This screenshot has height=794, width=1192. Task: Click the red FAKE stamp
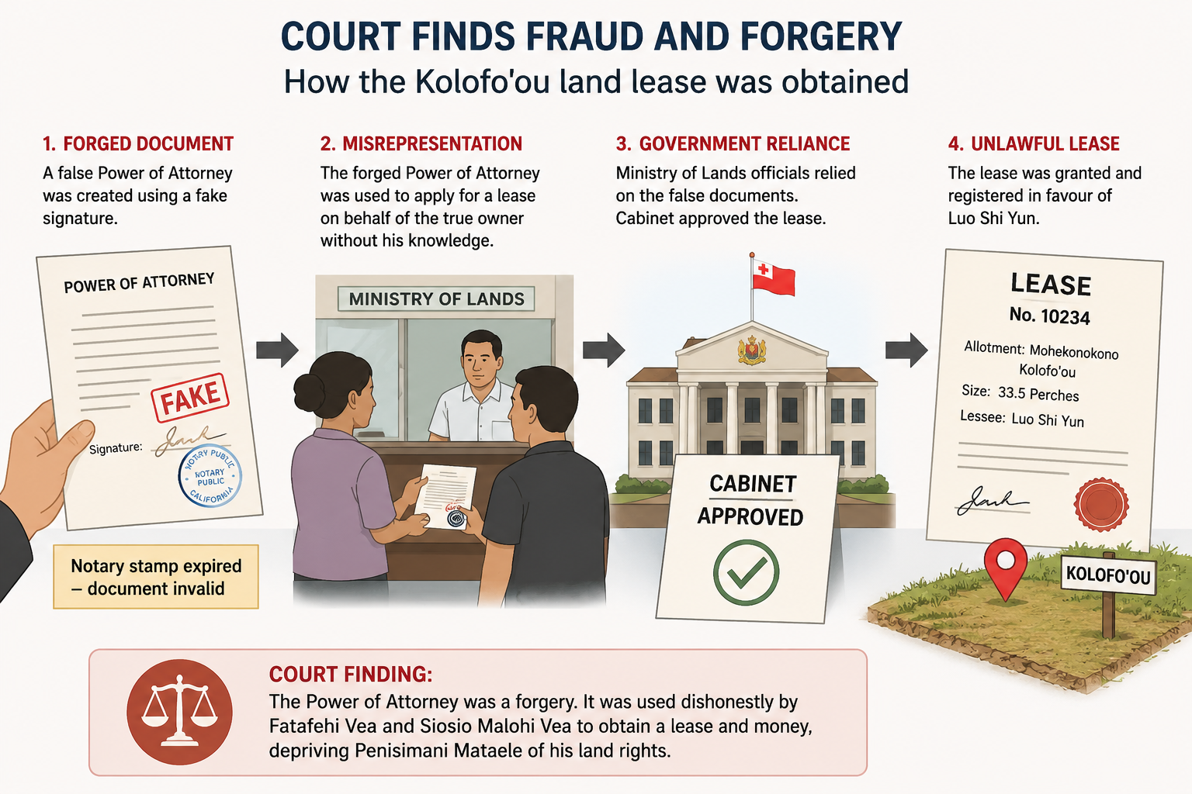[x=190, y=397]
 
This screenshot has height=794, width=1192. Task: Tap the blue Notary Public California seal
[x=210, y=475]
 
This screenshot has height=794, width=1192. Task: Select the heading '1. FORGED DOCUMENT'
[x=138, y=143]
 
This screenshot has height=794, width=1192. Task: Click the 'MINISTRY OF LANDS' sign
[x=436, y=299]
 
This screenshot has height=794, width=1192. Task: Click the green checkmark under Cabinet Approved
[x=746, y=573]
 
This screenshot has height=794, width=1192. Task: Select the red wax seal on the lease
[x=1101, y=504]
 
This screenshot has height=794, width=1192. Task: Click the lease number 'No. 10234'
[x=1049, y=316]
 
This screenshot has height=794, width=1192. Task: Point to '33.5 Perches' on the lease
[x=1038, y=394]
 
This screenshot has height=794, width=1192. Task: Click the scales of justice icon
[x=179, y=712]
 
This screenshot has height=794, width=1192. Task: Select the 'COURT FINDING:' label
[x=351, y=674]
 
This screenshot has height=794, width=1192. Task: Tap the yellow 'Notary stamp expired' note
[x=156, y=576]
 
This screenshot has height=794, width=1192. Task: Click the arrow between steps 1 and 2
[x=277, y=350]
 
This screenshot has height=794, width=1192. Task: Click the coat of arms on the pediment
[x=751, y=350]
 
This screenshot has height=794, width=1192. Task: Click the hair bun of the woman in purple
[x=309, y=392]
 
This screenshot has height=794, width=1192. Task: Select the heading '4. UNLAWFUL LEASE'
[x=1034, y=143]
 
